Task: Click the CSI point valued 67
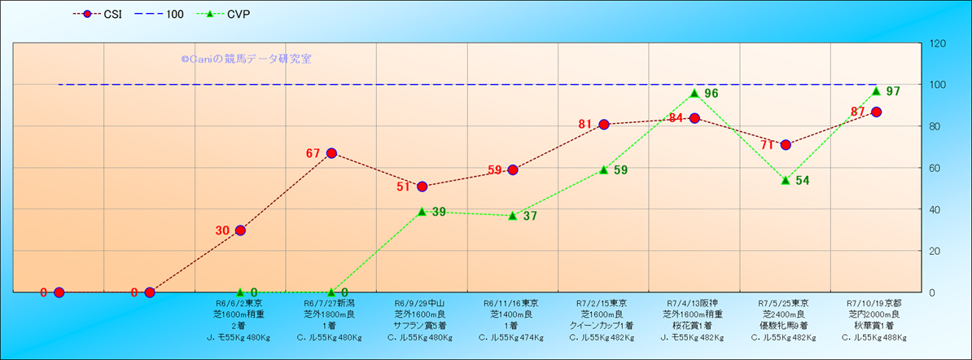point(331,153)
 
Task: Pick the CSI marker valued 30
point(240,230)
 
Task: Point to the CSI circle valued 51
point(422,187)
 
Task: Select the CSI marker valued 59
point(513,170)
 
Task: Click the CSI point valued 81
point(604,125)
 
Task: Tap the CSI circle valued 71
point(786,145)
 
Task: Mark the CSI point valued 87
point(876,112)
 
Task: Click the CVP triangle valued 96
point(694,93)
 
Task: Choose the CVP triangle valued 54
point(786,180)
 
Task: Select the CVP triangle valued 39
point(422,211)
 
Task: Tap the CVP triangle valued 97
point(876,90)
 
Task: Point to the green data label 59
point(620,170)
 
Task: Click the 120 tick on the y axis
point(939,43)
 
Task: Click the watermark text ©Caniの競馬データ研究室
point(246,59)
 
